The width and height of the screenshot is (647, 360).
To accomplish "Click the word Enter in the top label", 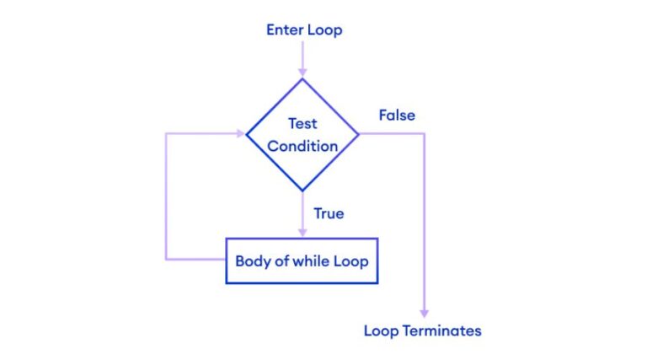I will click(285, 30).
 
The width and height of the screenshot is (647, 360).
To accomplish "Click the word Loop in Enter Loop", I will click(325, 30).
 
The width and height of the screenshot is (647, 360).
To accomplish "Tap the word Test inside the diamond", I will click(302, 124).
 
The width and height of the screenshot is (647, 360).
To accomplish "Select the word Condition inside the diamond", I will click(302, 146).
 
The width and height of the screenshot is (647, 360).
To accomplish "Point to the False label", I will click(397, 115).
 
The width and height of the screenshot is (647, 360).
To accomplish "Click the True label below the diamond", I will click(329, 213).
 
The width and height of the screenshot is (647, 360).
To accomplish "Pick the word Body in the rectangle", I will click(252, 261).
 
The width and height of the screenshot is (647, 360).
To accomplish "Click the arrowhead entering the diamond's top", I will click(302, 73).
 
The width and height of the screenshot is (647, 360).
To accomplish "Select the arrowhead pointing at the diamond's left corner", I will click(241, 133).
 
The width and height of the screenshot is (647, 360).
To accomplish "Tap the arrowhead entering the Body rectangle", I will click(302, 233).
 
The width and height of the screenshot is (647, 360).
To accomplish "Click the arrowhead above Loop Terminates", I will click(425, 312).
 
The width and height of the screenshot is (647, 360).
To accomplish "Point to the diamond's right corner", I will click(359, 133).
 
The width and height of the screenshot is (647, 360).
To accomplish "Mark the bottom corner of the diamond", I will click(302, 191).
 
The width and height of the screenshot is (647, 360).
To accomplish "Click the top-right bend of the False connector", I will click(425, 133).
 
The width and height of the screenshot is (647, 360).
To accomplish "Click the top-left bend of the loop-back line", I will click(167, 133).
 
